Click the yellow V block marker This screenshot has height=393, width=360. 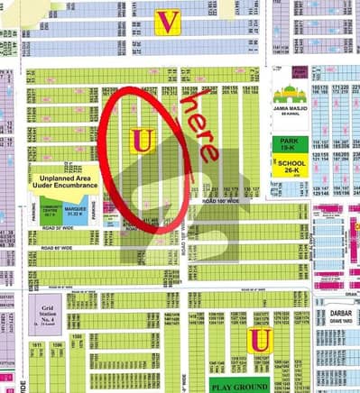pos(165,22)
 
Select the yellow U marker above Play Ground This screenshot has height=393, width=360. pos(260,340)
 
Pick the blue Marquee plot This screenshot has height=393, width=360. pos(77,214)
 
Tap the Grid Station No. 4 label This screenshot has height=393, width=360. pos(50,315)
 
